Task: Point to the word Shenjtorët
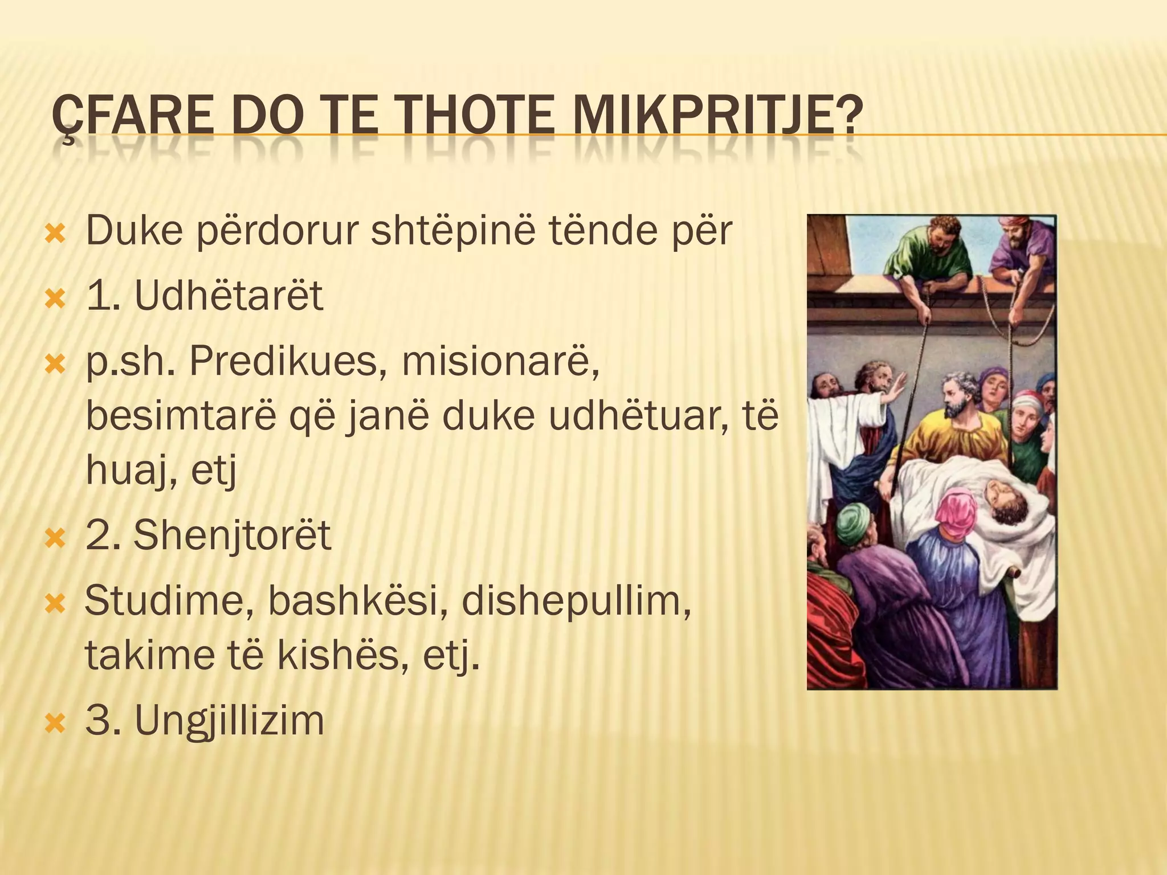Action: coord(232,535)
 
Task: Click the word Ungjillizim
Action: coord(229,720)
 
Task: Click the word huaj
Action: coord(129,472)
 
